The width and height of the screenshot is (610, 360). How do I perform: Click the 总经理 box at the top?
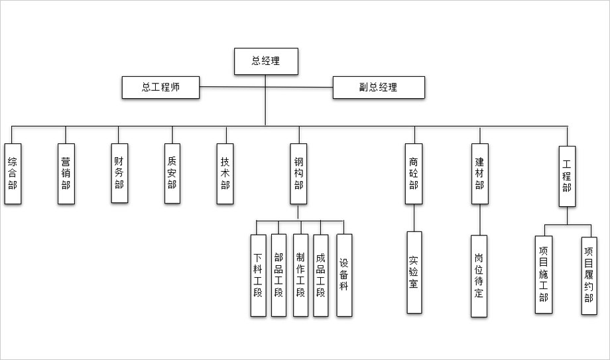pyautogui.click(x=265, y=62)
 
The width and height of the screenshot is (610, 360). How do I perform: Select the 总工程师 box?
pyautogui.click(x=160, y=88)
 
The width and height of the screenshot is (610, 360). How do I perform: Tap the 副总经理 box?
pyautogui.click(x=378, y=88)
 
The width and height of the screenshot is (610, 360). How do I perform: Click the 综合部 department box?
pyautogui.click(x=13, y=174)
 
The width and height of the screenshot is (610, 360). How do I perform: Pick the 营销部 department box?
pyautogui.click(x=66, y=174)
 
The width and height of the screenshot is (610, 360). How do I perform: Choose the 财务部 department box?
pyautogui.click(x=119, y=172)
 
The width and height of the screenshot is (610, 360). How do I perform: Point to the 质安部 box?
pyautogui.click(x=172, y=173)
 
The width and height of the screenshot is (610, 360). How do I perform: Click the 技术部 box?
pyautogui.click(x=225, y=173)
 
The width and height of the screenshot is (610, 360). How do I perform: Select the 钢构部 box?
pyautogui.click(x=298, y=174)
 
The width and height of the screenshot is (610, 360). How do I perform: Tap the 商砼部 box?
pyautogui.click(x=414, y=174)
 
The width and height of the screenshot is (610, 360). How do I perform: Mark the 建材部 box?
pyautogui.click(x=479, y=174)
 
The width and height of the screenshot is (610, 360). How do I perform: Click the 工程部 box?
pyautogui.click(x=567, y=176)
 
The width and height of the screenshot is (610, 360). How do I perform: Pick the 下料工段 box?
pyautogui.click(x=258, y=275)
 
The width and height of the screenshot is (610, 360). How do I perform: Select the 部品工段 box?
pyautogui.click(x=278, y=275)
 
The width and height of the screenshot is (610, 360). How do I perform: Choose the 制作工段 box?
pyautogui.click(x=300, y=275)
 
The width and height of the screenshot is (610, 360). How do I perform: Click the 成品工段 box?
pyautogui.click(x=321, y=275)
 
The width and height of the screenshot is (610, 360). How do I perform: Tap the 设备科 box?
pyautogui.click(x=344, y=274)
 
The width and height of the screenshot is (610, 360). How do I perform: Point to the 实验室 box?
pyautogui.click(x=414, y=272)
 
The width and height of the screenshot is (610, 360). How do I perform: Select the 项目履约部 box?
pyautogui.click(x=589, y=275)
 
